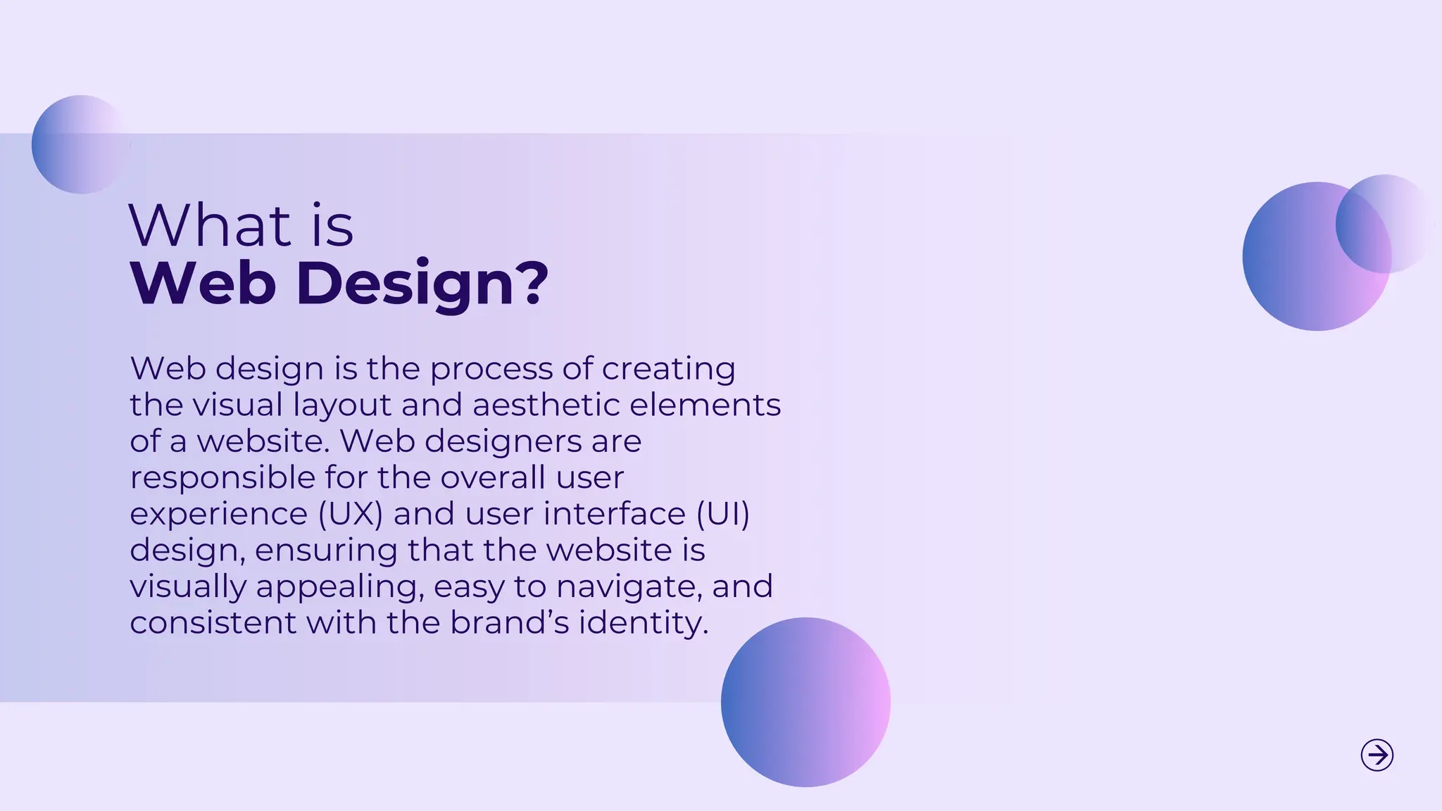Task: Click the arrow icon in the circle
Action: click(1377, 755)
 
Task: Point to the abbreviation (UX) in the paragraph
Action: click(350, 514)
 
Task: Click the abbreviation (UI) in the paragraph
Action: click(722, 514)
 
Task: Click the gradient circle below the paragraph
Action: click(805, 702)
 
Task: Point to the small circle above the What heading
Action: click(80, 144)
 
